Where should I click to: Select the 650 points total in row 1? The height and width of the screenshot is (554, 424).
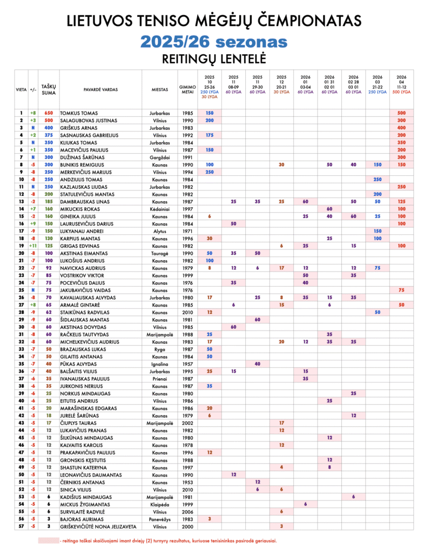tap(49, 113)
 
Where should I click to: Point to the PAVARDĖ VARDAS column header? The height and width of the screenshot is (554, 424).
tap(100, 89)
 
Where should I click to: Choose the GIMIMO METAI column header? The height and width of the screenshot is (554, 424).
tap(187, 89)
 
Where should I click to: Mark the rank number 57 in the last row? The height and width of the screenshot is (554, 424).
tap(20, 526)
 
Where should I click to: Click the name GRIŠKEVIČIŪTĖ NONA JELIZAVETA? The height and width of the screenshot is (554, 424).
tap(97, 526)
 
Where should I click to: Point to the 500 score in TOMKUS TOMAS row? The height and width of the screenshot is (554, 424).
tap(401, 113)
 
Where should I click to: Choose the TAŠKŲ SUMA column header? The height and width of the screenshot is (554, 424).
tap(49, 89)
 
